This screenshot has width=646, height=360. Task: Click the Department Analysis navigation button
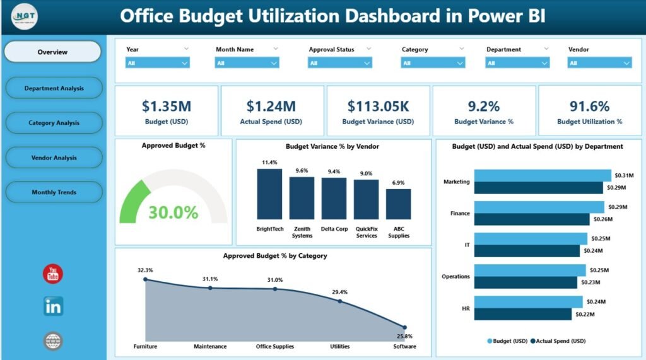click(54, 88)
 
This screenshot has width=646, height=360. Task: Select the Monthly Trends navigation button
click(54, 192)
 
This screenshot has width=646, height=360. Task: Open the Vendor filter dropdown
click(599, 62)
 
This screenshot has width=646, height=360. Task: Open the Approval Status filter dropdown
click(339, 62)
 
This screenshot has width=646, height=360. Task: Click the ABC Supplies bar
click(398, 204)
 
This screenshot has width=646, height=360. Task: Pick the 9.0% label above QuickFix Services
click(366, 173)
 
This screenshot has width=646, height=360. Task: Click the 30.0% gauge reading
click(173, 212)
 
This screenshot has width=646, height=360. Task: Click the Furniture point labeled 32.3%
click(145, 279)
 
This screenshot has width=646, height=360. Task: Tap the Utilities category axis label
click(339, 346)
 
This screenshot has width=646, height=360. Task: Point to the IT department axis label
click(466, 245)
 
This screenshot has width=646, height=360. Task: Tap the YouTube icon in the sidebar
click(53, 274)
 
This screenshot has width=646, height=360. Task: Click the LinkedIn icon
click(53, 306)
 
